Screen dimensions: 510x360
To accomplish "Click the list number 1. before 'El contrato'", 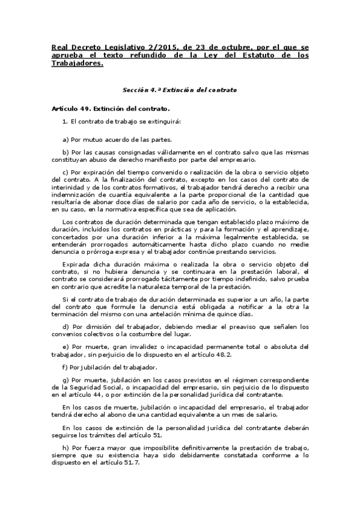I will tap(65, 121).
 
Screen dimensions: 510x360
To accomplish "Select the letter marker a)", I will tap(66, 139).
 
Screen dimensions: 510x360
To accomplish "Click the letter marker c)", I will tap(66, 173).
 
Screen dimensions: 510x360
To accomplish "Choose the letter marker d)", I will tap(66, 327).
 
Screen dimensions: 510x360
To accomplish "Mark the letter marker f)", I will tap(65, 367).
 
